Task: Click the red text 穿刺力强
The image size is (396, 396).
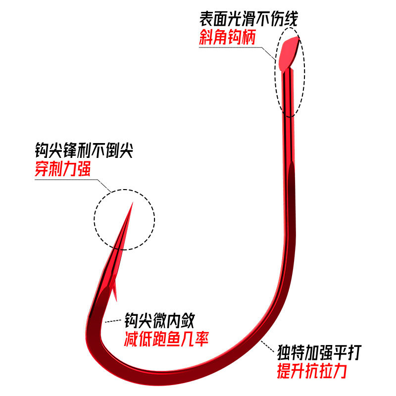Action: pos(63,169)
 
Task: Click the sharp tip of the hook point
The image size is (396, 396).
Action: pos(132,203)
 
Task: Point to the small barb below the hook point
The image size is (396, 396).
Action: pos(114,292)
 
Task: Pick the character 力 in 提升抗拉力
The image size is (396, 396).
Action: pos(339,372)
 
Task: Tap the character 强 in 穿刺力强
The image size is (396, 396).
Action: pos(84,169)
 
